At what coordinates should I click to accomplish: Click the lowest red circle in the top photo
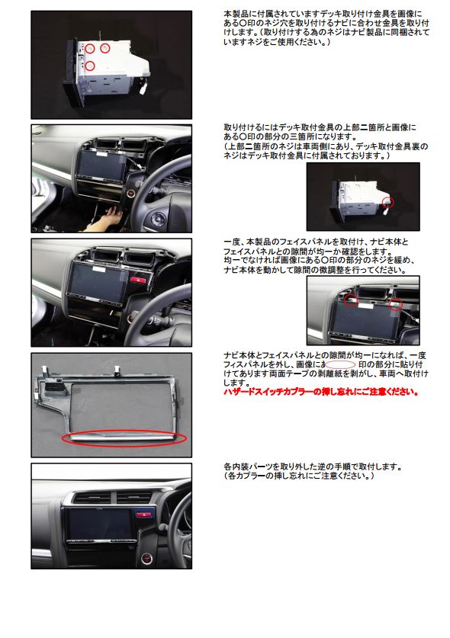click(x=90, y=66)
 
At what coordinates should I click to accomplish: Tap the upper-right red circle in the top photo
click(x=105, y=49)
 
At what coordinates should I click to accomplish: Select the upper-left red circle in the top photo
click(x=90, y=49)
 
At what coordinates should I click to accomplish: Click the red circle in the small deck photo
click(x=389, y=201)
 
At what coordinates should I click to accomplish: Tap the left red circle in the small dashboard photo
click(x=351, y=300)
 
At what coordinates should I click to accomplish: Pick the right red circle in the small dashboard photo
click(x=395, y=304)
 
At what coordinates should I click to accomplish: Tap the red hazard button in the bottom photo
click(x=143, y=515)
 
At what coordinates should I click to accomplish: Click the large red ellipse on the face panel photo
click(x=124, y=438)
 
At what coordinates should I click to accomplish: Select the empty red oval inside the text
click(x=340, y=364)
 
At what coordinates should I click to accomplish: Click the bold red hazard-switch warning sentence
click(x=321, y=393)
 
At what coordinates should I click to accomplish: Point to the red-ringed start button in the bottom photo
click(x=146, y=558)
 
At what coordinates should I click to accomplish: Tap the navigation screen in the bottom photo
click(x=99, y=524)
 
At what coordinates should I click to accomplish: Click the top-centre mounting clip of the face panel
click(x=117, y=370)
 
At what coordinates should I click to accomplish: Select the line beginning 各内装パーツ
click(x=313, y=466)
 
